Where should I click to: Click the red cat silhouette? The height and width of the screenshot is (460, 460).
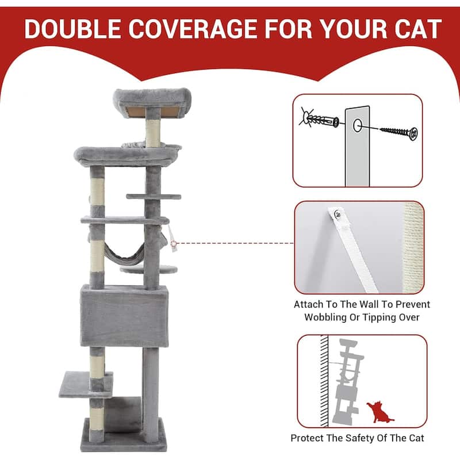(x=379, y=412)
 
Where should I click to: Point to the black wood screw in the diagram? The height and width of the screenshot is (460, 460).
(x=399, y=133)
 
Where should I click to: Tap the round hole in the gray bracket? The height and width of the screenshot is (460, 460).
(x=357, y=125)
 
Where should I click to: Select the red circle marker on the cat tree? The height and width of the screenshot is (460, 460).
(x=174, y=243)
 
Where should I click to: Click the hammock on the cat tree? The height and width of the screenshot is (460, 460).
(x=125, y=252)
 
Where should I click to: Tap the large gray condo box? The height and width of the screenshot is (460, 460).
(x=124, y=316)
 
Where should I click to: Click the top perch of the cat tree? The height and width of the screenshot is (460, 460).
(x=152, y=101)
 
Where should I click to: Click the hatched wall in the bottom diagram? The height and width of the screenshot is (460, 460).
(x=324, y=381)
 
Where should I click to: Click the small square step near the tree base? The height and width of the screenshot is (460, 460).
(x=85, y=385)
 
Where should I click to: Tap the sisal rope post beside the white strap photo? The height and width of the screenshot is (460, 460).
(x=413, y=247)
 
